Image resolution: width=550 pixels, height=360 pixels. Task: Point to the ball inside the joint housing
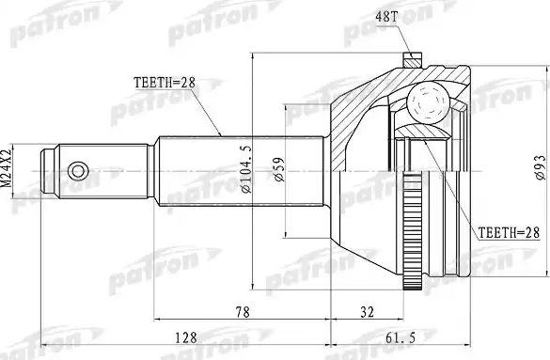click(x=429, y=99)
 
